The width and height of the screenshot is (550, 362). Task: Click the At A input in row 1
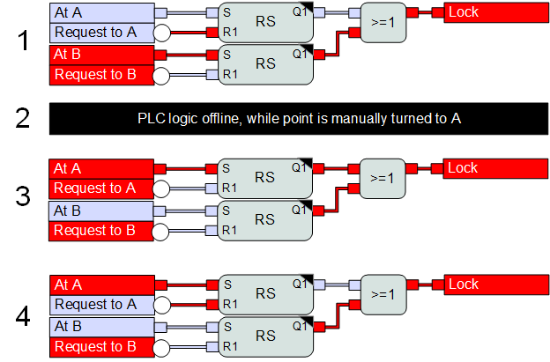click(101, 12)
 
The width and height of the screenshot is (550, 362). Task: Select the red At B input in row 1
click(101, 55)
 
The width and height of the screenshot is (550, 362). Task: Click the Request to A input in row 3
click(101, 188)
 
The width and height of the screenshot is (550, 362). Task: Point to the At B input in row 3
click(101, 211)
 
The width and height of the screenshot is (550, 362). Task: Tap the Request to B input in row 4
click(101, 347)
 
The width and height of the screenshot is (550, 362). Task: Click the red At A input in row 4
click(101, 284)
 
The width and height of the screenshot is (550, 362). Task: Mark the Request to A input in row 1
click(101, 33)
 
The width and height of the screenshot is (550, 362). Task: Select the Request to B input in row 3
click(101, 230)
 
